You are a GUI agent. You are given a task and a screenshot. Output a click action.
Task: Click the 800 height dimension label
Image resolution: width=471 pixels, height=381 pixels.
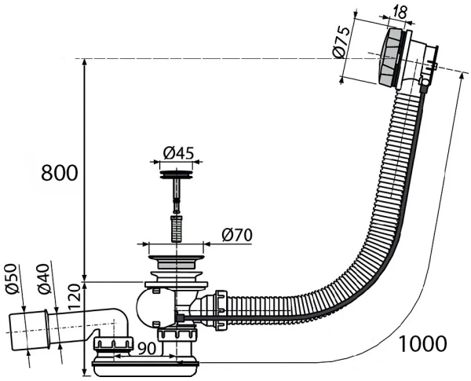[x=59, y=173]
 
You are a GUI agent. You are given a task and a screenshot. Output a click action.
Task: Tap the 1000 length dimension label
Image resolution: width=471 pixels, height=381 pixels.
[x=422, y=343]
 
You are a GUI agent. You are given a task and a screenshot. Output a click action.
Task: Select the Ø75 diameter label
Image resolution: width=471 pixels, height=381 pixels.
[x=341, y=42]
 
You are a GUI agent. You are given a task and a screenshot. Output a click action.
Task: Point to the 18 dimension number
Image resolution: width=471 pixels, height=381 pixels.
[x=400, y=12]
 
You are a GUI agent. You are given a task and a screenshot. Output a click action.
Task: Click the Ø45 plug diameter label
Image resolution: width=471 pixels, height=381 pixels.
[x=178, y=153]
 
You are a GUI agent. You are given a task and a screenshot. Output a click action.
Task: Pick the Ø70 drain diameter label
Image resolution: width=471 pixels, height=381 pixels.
[x=237, y=235]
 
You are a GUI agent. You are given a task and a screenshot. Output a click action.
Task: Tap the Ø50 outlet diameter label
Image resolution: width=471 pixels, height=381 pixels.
[x=12, y=278]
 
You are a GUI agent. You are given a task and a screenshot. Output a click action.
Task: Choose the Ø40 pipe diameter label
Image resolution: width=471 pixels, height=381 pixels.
[x=43, y=279]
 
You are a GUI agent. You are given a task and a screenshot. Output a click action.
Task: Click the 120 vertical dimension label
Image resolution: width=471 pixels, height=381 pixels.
[x=75, y=297]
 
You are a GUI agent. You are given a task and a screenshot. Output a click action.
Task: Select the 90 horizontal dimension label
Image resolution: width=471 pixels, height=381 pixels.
[x=147, y=348]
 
